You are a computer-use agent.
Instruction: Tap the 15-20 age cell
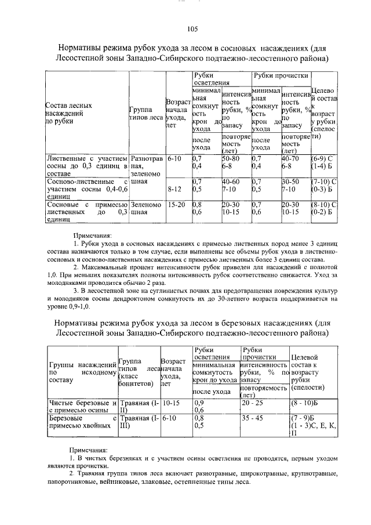[x=176, y=204]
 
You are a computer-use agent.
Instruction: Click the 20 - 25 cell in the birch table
[x=253, y=401]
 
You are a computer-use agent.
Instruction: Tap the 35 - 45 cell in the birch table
[x=253, y=417]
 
